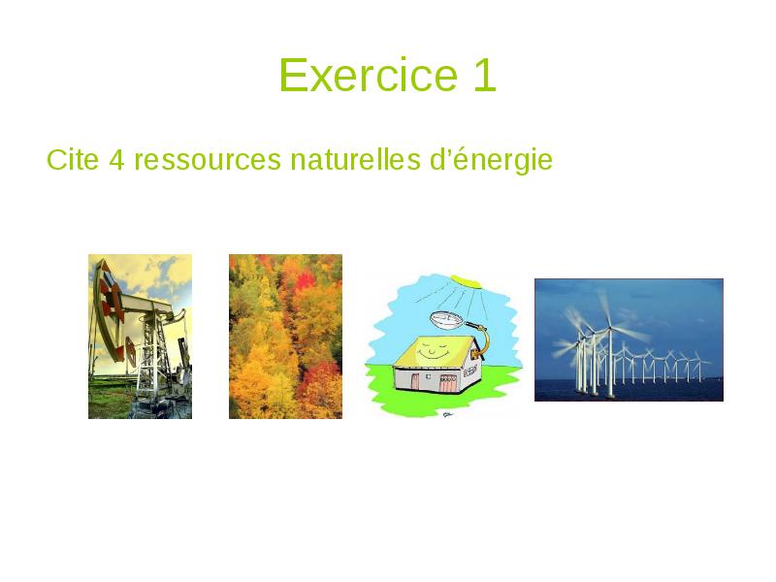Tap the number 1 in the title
pos(484,76)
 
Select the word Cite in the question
pos(72,159)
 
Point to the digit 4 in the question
pos(116,159)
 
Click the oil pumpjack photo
pos(140,336)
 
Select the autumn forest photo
pos(285,336)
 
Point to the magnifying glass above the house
pos(447,319)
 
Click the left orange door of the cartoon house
pos(416,381)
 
